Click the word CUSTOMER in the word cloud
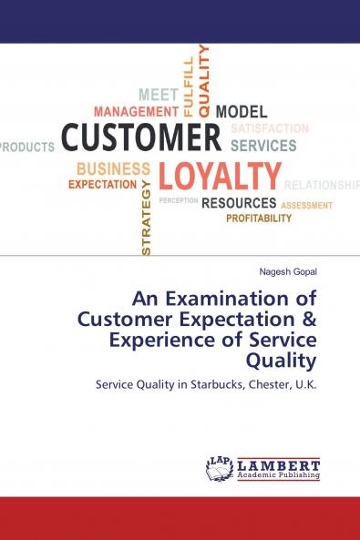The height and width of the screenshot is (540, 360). tap(141, 138)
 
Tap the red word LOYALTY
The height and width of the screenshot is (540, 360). tap(220, 176)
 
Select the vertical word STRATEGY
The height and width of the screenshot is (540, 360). tap(147, 217)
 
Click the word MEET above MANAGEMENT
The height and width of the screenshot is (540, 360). tap(158, 95)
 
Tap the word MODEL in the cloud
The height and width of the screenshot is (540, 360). tap(241, 111)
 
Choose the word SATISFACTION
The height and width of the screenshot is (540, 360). tap(269, 128)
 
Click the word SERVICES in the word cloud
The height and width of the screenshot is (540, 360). tap(263, 145)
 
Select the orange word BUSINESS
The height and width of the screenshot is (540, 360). tap(113, 168)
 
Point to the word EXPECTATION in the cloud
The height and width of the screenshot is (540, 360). tap(102, 184)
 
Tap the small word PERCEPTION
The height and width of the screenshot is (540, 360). tap(178, 199)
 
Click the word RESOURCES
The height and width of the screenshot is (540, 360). tap(239, 202)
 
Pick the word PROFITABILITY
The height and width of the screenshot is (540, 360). tap(259, 219)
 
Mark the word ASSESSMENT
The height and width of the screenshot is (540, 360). tap(307, 206)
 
